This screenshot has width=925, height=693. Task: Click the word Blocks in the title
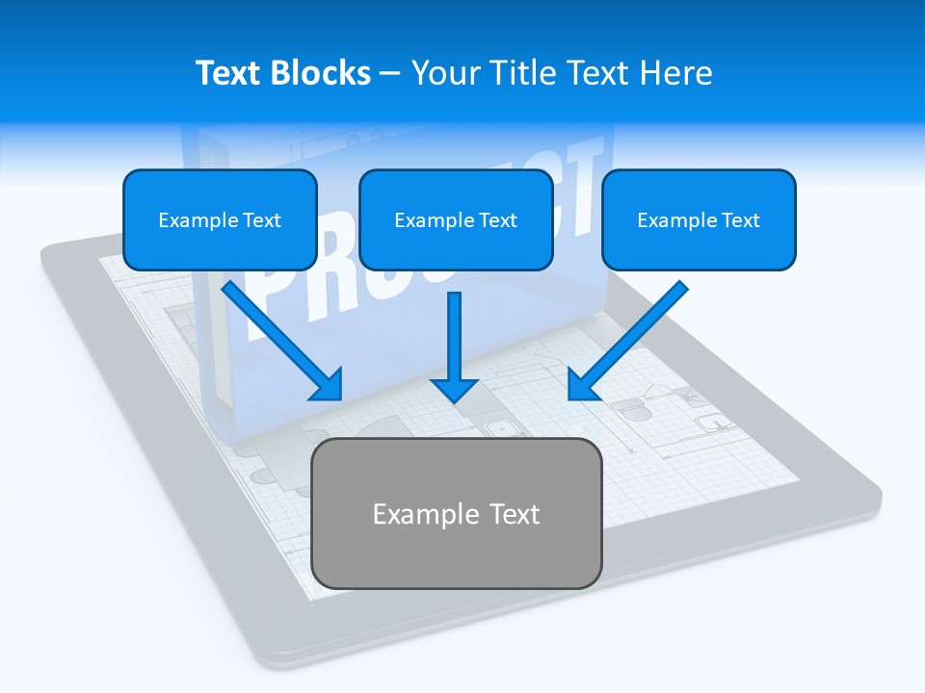[x=322, y=73]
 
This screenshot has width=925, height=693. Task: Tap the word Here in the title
[x=678, y=73]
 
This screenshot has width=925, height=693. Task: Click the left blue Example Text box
[x=220, y=219]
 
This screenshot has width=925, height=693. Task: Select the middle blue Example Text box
[x=456, y=219]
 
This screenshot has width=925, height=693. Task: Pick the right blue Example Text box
[x=699, y=219]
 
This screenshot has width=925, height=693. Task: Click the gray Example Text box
[x=456, y=514]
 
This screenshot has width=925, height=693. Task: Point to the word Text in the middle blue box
[x=498, y=220]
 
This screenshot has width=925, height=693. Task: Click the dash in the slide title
[x=390, y=74]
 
